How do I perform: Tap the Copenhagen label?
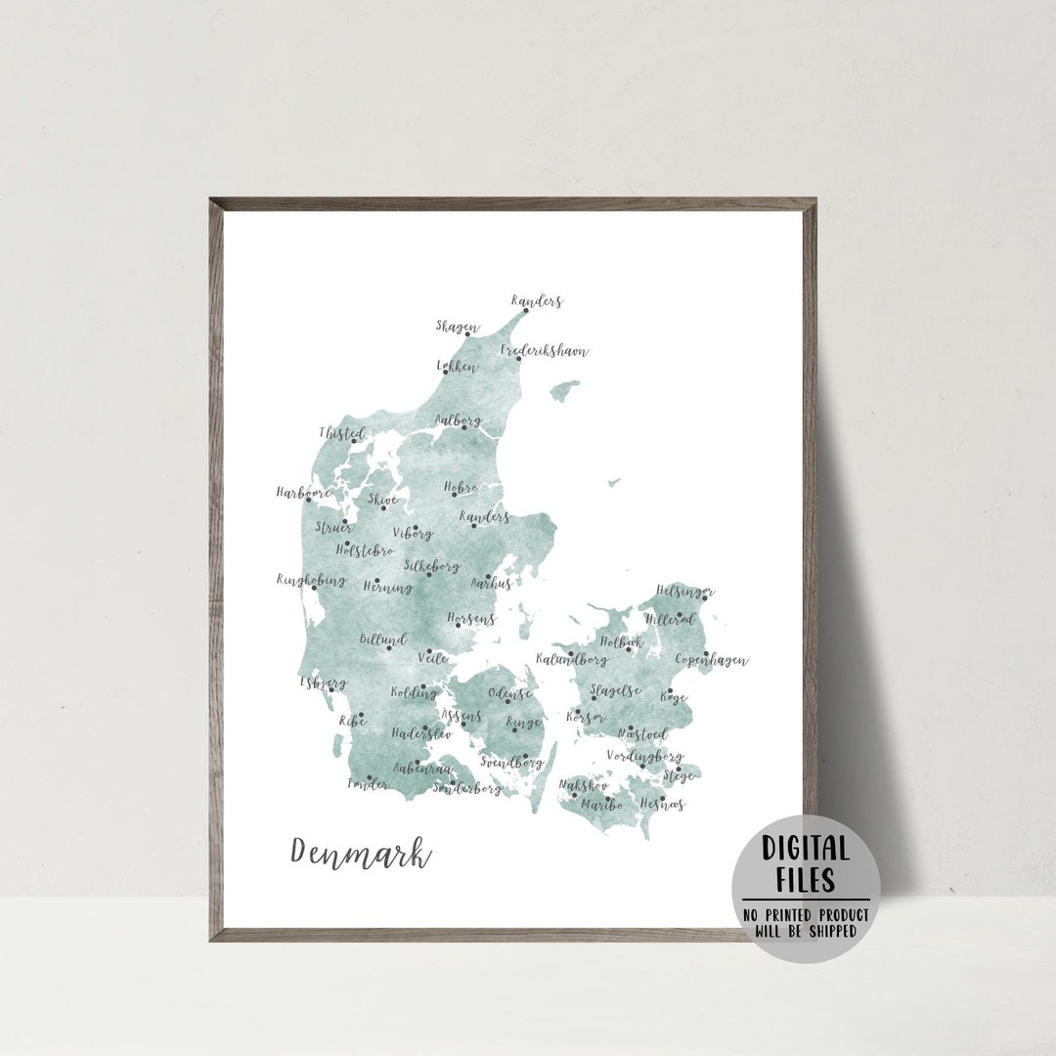[712, 661]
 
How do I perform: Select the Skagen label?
[458, 327]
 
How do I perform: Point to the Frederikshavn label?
[545, 350]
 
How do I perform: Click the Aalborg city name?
[459, 421]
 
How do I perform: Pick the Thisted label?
[342, 433]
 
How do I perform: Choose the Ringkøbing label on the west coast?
[311, 580]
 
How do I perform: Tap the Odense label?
[510, 693]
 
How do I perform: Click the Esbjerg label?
[323, 682]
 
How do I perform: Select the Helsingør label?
[684, 591]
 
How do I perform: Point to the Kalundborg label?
[572, 660]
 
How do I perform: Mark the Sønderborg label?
[467, 788]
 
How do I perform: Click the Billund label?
[382, 638]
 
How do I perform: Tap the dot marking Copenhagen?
[706, 654]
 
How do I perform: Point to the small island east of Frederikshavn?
[564, 391]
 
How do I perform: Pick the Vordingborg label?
[644, 756]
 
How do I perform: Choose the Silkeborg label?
[432, 566]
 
